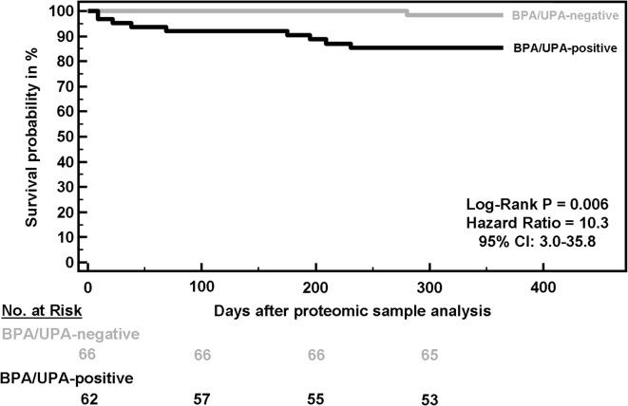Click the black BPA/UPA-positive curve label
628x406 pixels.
click(560, 47)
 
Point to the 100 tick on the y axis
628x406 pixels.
click(64, 11)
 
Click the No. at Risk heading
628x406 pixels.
click(41, 309)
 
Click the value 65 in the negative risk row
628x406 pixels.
click(428, 354)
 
